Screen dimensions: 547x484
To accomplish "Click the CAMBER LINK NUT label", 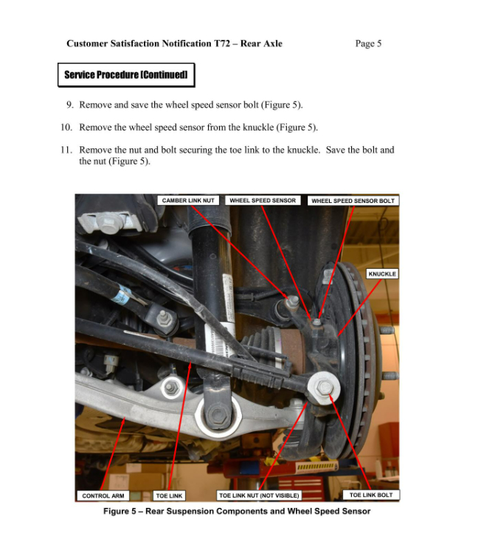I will [188, 200].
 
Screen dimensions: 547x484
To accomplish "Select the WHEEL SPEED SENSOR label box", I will [262, 200].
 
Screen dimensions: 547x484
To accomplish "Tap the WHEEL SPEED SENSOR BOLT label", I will [353, 201].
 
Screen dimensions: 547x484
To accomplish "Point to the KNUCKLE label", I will [382, 274].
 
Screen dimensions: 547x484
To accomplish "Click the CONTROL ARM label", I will [103, 495].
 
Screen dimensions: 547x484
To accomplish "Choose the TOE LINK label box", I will [170, 495].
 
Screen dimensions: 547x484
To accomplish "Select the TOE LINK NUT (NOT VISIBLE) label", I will [259, 495].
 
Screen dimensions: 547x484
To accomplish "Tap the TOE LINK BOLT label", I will [371, 495].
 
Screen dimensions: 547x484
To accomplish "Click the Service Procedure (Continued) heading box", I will [125, 75].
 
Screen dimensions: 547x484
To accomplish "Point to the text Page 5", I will [368, 44].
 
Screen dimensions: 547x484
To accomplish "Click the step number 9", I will [69, 105].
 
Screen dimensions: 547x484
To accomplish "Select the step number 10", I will [66, 127].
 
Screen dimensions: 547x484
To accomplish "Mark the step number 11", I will [66, 150].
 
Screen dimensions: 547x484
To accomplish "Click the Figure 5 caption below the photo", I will [236, 511].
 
